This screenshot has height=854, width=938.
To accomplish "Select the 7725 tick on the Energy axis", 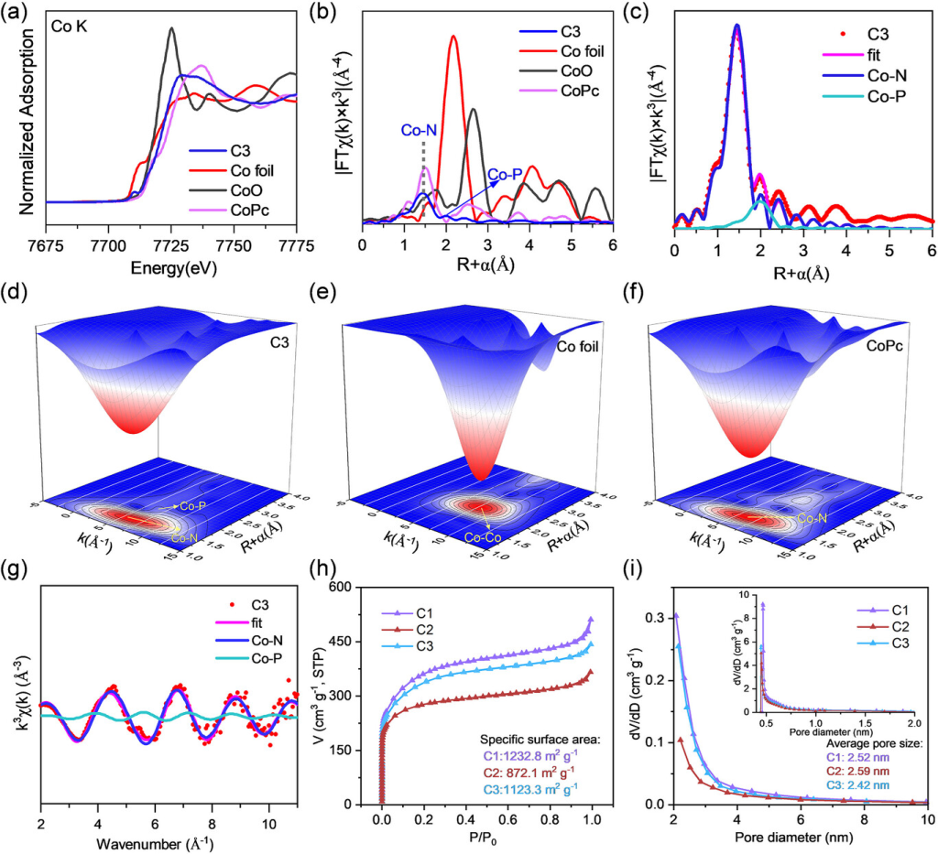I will pyautogui.click(x=171, y=243).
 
